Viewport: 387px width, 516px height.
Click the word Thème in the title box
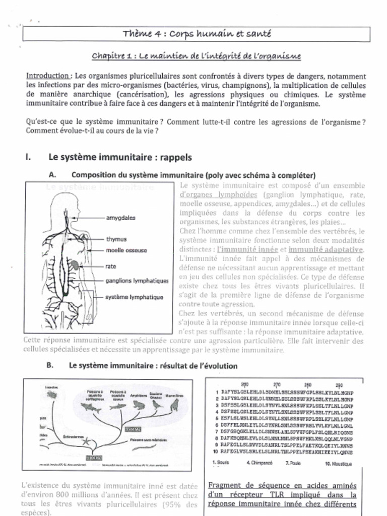point(135,34)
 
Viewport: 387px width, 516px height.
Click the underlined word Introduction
point(47,76)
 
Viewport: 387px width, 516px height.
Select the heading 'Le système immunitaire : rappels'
point(120,157)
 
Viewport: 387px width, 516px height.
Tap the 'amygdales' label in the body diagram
point(120,218)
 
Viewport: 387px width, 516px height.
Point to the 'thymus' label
point(116,239)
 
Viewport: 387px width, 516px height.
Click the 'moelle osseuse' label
point(126,250)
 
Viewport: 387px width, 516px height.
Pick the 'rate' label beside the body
point(111,266)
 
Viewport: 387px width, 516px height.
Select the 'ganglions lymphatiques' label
point(137,281)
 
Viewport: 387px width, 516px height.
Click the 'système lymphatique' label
point(134,297)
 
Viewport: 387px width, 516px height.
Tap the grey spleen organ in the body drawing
point(74,265)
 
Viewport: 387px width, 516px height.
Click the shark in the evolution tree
point(91,406)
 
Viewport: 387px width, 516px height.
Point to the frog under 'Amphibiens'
point(137,405)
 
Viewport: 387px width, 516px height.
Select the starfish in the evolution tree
point(84,442)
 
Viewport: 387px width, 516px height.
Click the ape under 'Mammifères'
point(174,405)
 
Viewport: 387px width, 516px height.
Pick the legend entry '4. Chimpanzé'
point(261,463)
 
